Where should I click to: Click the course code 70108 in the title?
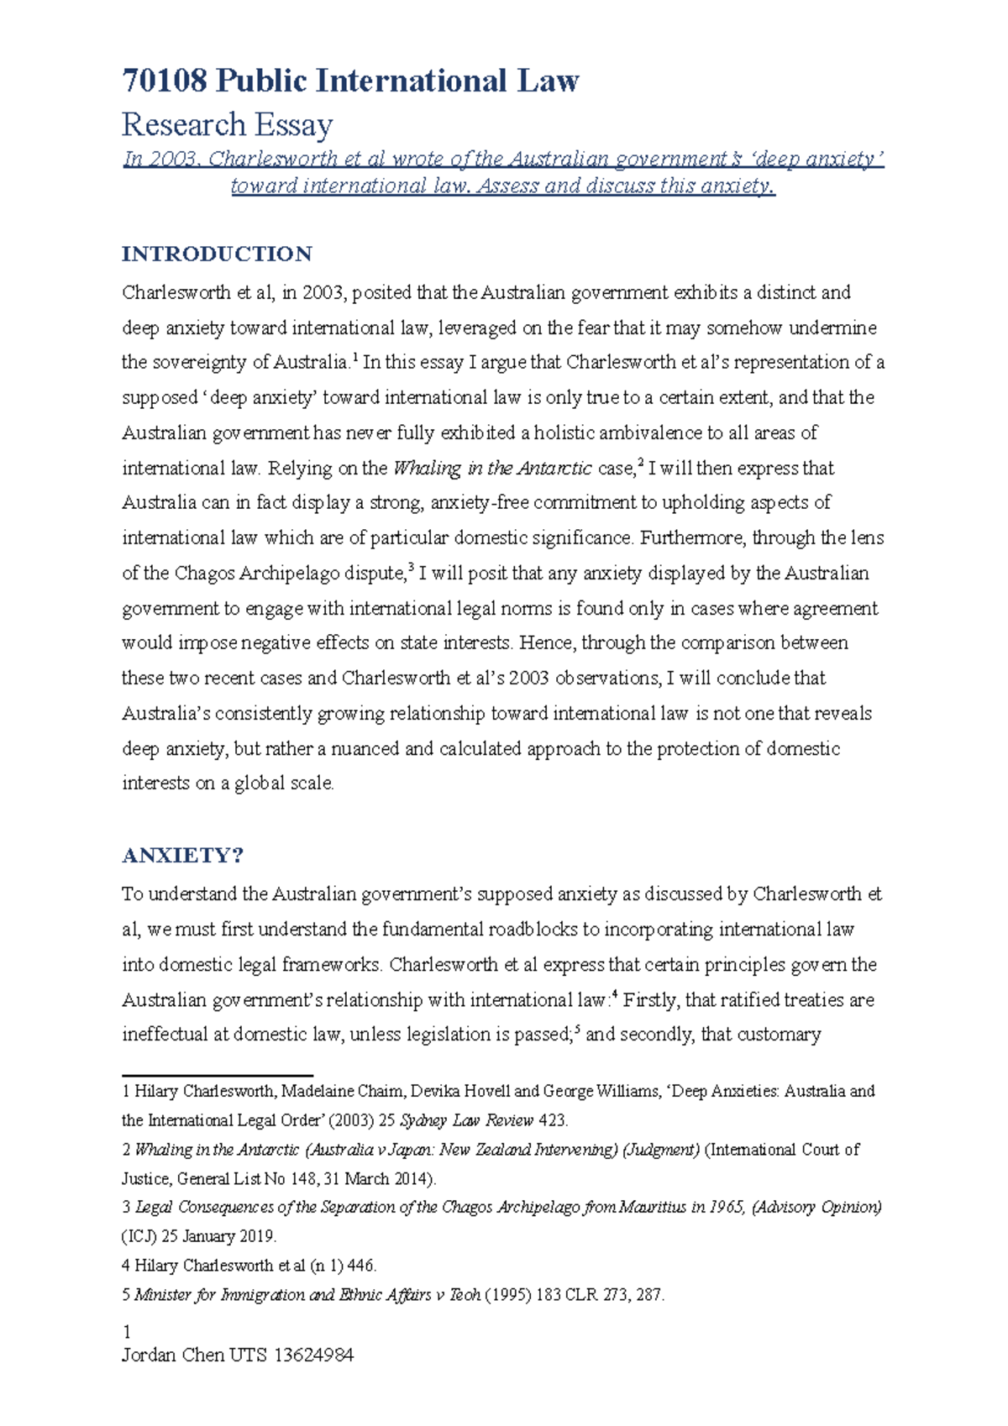(165, 81)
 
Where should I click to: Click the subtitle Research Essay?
(228, 125)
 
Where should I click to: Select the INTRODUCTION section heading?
(217, 254)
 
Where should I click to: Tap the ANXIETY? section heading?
(182, 855)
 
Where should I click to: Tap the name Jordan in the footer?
(149, 1355)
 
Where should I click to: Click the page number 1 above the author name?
(127, 1332)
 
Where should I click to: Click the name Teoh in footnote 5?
(465, 1295)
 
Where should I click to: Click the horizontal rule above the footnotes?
(217, 1075)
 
